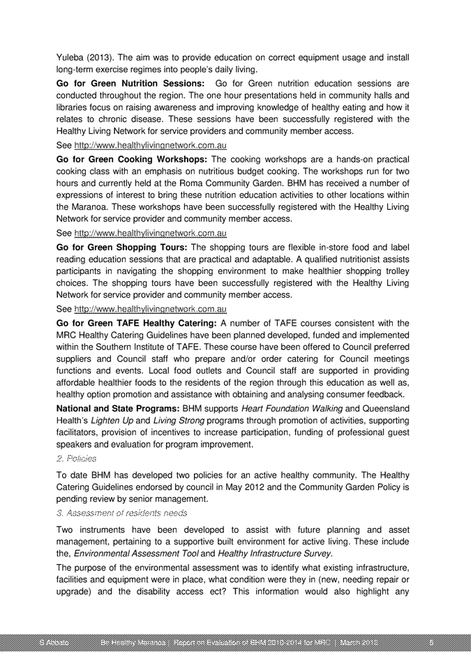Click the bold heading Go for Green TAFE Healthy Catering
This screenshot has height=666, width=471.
coord(136,324)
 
